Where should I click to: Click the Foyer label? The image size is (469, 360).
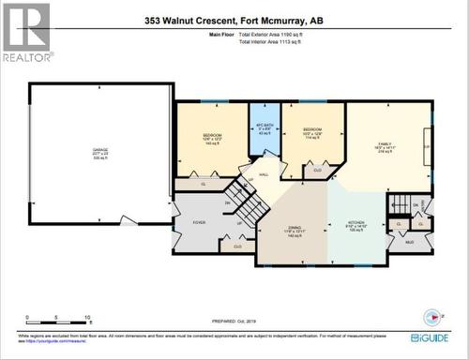pyautogui.click(x=199, y=222)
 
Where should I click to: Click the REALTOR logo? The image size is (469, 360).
pyautogui.click(x=26, y=33)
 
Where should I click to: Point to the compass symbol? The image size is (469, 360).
pyautogui.click(x=433, y=315)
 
